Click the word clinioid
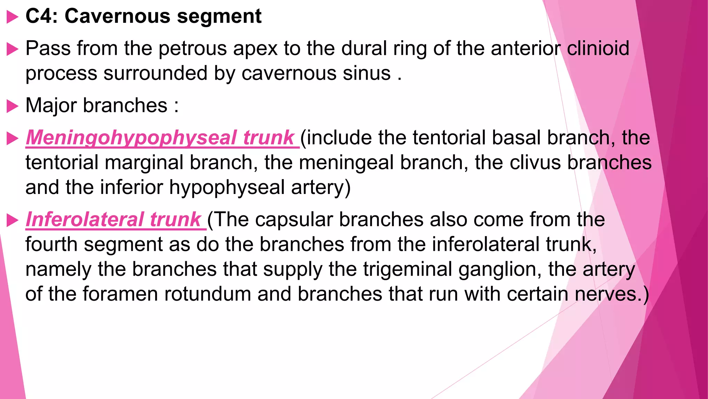coord(598,48)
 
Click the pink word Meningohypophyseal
coord(131,138)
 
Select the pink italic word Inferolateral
coord(84,219)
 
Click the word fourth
coord(51,244)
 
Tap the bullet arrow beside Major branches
coord(12,106)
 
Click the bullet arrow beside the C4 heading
coord(12,17)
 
